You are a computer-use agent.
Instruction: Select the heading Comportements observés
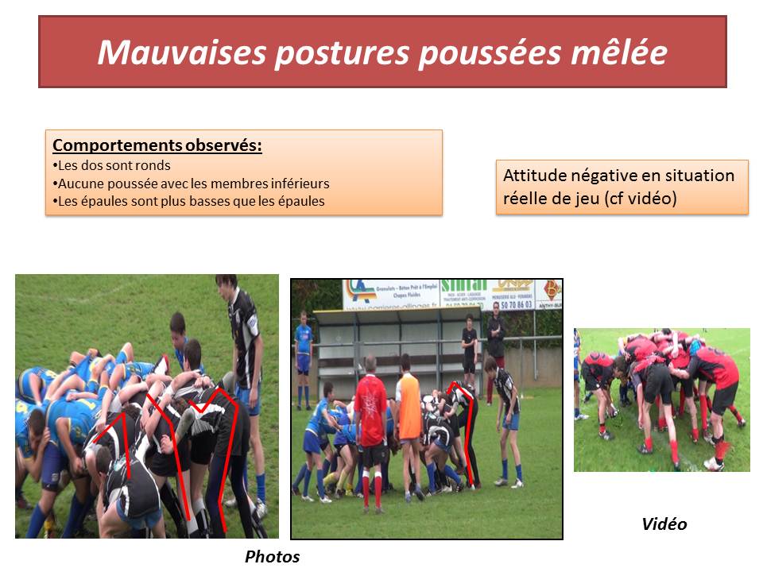[x=157, y=146]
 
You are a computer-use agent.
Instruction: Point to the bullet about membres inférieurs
[x=191, y=184]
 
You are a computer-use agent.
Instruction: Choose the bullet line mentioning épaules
[x=188, y=202]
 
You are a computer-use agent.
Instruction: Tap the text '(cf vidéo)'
[x=641, y=199]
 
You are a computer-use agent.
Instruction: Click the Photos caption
[x=272, y=557]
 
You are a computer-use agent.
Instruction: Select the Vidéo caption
[x=664, y=524]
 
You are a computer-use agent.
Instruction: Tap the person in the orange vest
[x=409, y=421]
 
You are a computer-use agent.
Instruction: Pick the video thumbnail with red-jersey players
[x=661, y=400]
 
